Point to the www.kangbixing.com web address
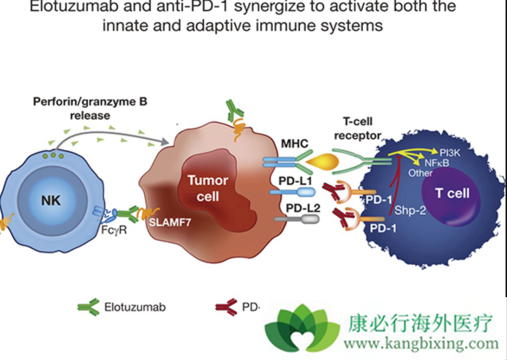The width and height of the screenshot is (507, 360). [419, 342]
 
